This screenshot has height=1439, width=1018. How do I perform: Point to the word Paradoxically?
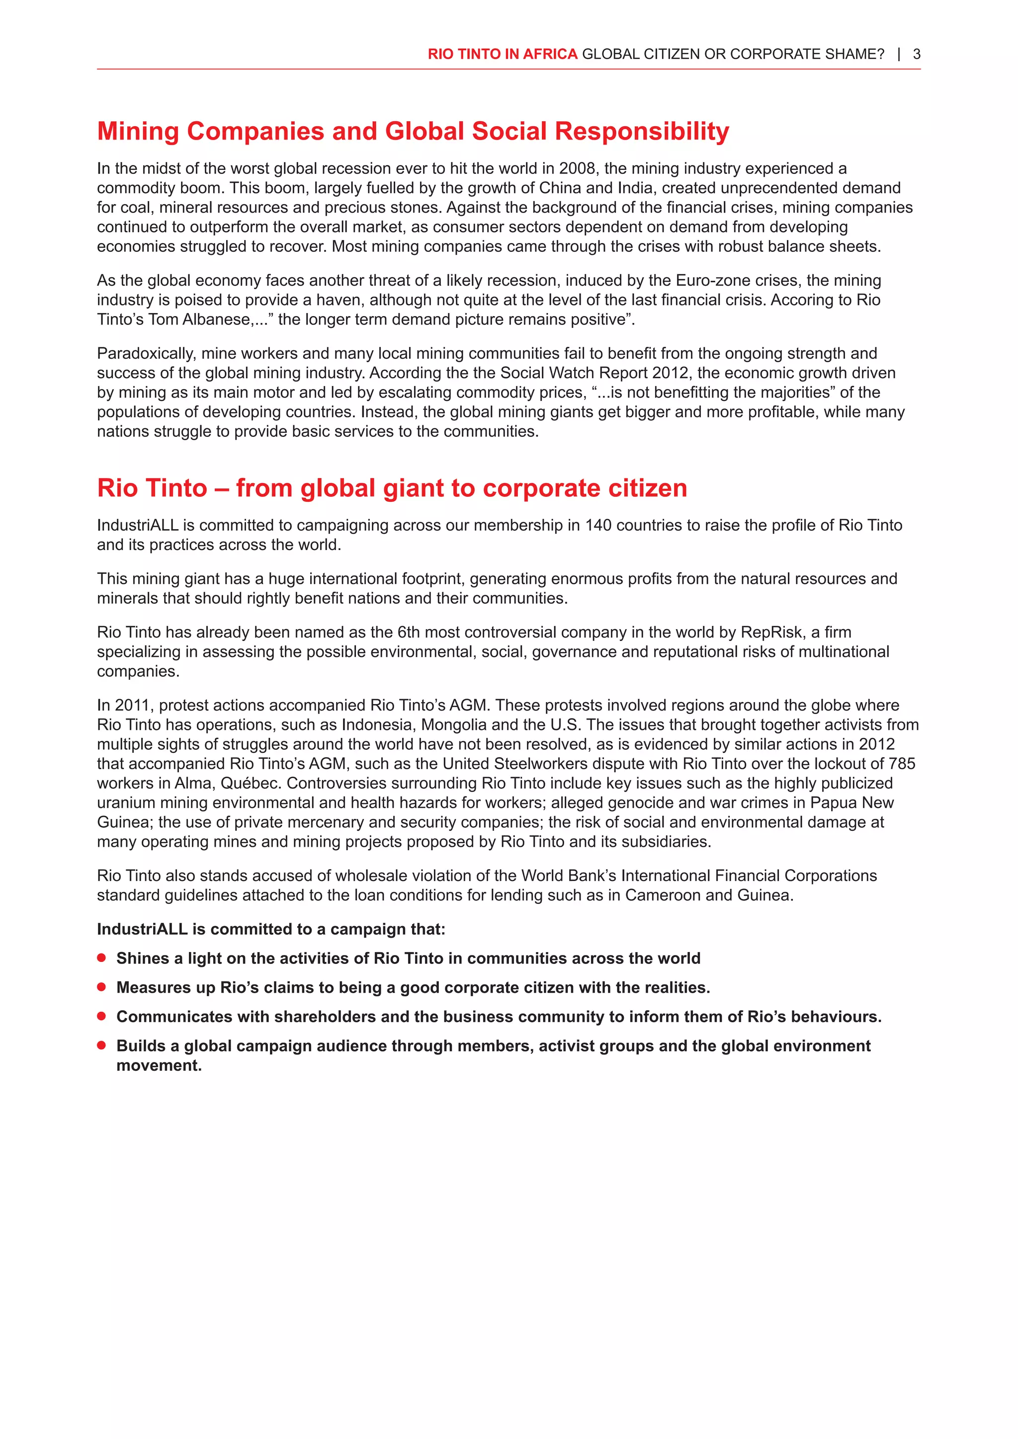point(147,353)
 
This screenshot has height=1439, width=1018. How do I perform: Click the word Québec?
point(251,784)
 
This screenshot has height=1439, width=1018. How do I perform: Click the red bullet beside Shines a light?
point(101,958)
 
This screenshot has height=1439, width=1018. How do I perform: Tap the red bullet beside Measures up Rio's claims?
point(101,987)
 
